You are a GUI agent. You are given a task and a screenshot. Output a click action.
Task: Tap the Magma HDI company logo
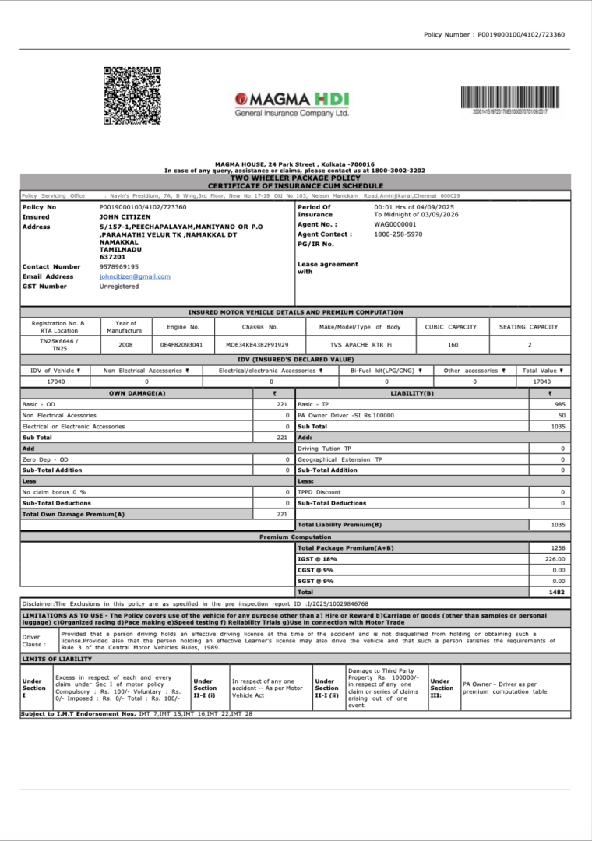click(293, 104)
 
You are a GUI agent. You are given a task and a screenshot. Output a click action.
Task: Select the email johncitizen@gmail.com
click(135, 276)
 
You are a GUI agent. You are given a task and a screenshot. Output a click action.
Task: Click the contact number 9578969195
click(118, 266)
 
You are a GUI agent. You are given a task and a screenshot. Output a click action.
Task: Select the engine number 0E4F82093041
click(181, 344)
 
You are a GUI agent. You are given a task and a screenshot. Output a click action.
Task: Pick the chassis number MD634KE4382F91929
click(256, 344)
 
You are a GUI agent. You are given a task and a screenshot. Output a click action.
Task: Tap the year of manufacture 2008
click(125, 344)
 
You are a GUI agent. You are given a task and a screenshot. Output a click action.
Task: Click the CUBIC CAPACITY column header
click(450, 327)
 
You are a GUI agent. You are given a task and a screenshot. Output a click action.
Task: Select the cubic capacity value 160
click(453, 344)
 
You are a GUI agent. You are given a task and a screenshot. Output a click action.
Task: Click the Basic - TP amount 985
click(559, 405)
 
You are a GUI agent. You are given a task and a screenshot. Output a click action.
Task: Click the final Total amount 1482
click(557, 592)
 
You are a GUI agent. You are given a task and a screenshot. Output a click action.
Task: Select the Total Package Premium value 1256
click(557, 548)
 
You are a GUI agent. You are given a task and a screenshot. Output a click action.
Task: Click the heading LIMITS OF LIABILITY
click(57, 659)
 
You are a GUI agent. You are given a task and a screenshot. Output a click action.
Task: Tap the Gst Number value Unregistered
click(119, 287)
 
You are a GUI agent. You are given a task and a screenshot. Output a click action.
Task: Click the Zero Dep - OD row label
click(45, 459)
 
